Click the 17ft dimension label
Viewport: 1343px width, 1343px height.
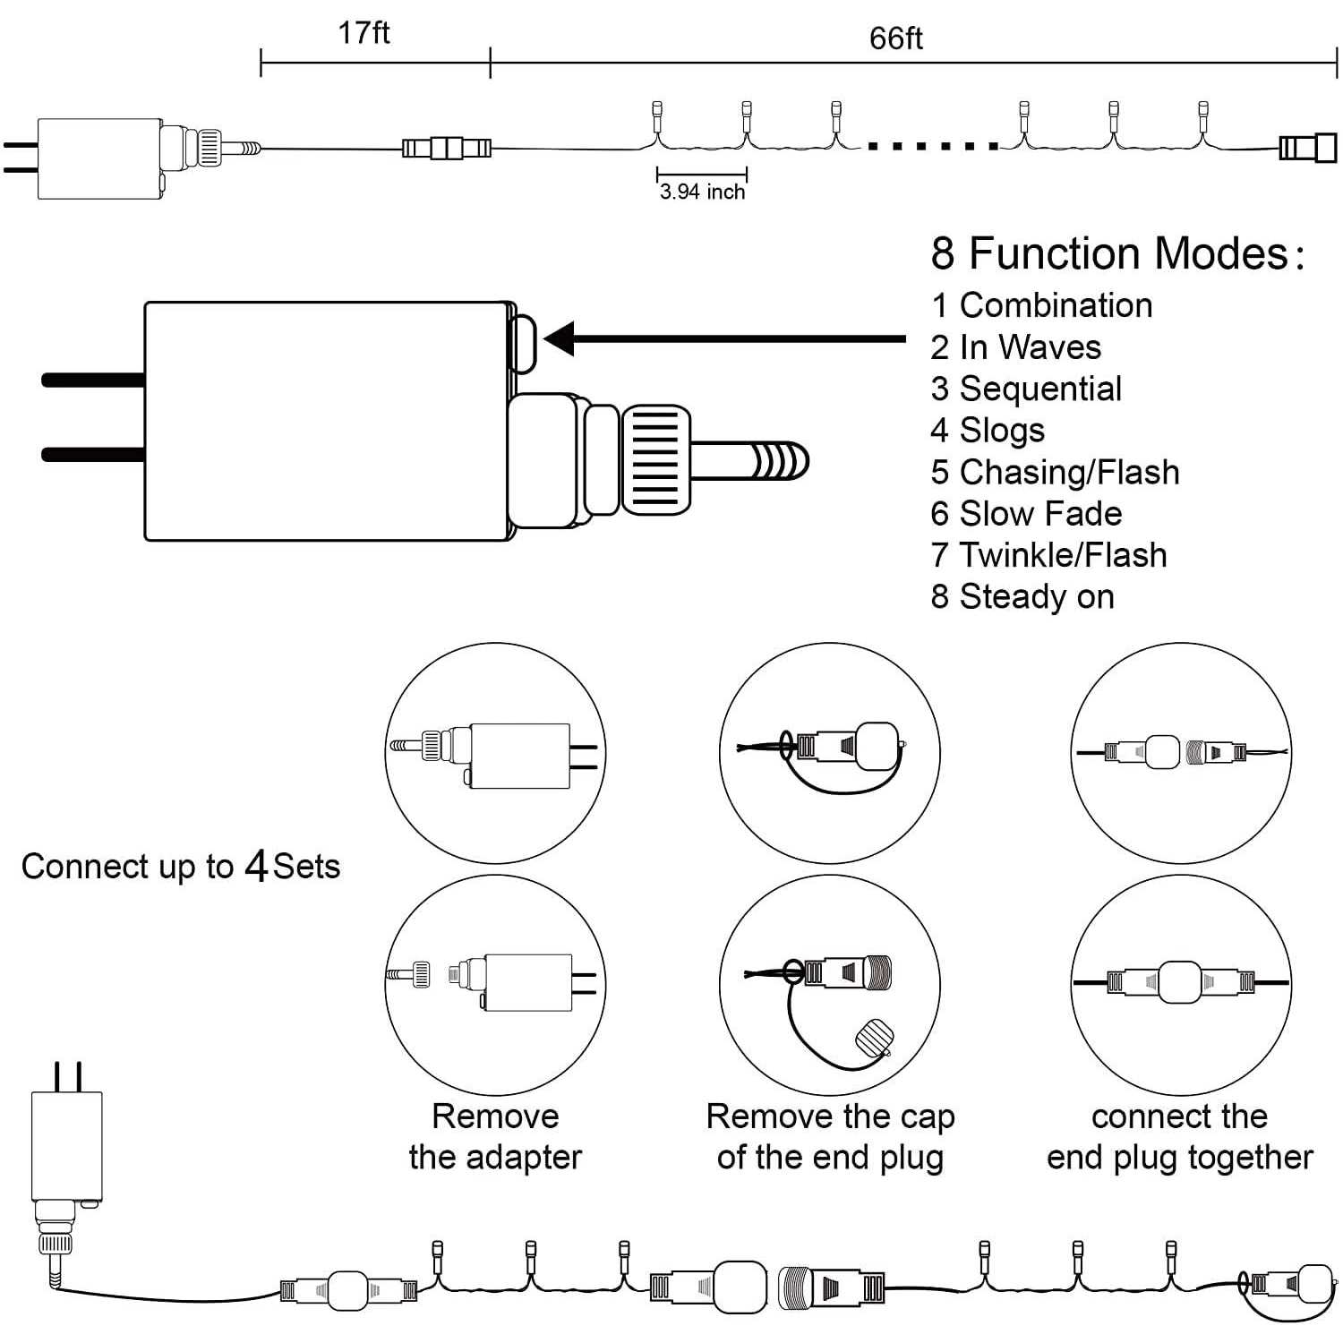[364, 33]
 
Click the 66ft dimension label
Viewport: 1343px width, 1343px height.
[895, 38]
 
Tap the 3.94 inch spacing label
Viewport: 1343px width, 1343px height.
[702, 192]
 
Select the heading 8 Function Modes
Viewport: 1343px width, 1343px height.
[1116, 253]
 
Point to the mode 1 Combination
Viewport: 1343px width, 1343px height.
[1041, 305]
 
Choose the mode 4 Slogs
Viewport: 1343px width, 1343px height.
[988, 431]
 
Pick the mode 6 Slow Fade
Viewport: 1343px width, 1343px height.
[1026, 514]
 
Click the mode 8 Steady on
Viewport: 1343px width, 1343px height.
[1022, 597]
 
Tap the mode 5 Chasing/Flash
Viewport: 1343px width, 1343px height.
[1055, 472]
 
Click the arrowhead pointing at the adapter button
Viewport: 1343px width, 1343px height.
[562, 339]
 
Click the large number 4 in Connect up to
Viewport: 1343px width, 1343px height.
[257, 866]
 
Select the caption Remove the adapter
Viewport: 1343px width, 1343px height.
[495, 1136]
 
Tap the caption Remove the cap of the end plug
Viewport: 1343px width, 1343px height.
[830, 1136]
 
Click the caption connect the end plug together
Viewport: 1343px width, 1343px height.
[1179, 1136]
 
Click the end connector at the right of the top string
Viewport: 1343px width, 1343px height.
[1308, 148]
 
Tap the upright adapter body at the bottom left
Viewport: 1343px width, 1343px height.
[67, 1146]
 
